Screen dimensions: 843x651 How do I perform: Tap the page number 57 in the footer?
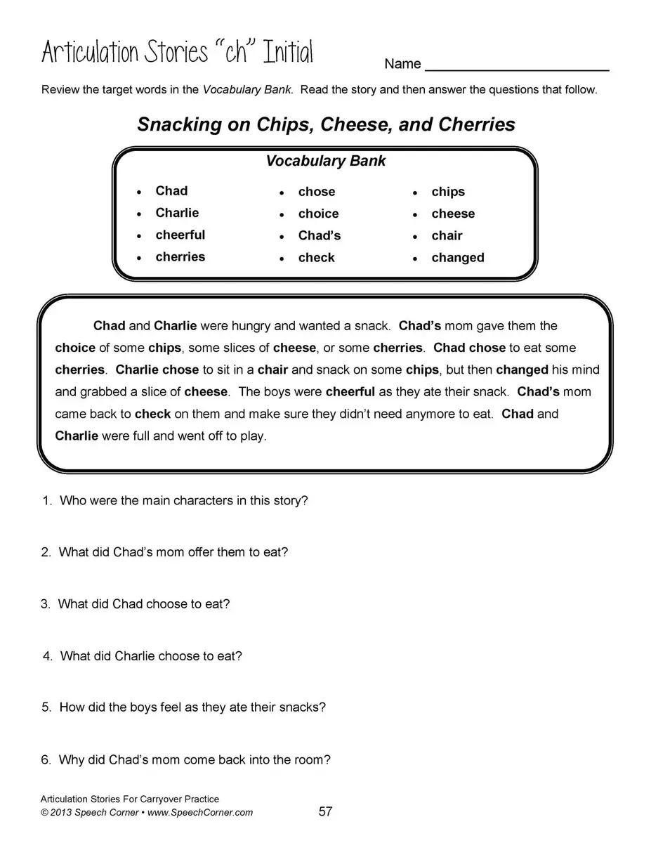click(x=325, y=812)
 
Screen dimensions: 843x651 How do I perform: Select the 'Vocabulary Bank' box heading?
click(x=325, y=161)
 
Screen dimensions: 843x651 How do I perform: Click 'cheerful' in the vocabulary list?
click(x=180, y=235)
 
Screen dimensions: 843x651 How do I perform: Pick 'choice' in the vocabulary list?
click(x=318, y=214)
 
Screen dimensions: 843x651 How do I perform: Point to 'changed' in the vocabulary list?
click(x=458, y=258)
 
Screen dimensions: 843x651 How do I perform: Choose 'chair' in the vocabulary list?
click(x=447, y=236)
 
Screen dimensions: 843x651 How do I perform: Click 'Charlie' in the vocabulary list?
click(x=177, y=213)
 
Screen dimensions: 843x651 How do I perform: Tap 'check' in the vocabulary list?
click(x=316, y=258)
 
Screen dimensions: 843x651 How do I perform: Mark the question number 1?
click(x=47, y=501)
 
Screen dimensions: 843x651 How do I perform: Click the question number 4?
click(x=48, y=656)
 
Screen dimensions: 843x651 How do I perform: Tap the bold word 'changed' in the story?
click(x=522, y=370)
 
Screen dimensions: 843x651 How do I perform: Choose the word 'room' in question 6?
click(x=314, y=759)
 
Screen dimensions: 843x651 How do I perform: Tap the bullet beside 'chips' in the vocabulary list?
click(x=416, y=192)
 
